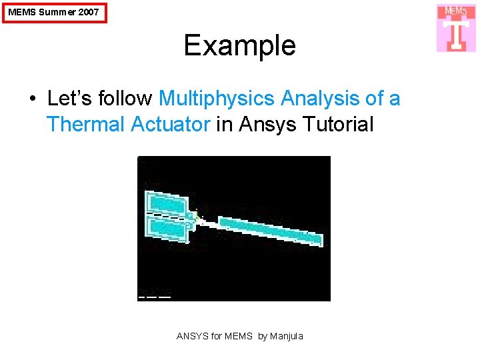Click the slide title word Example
pyautogui.click(x=239, y=45)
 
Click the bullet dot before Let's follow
pyautogui.click(x=32, y=99)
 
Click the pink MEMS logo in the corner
pyautogui.click(x=456, y=28)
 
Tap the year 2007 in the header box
pyautogui.click(x=87, y=12)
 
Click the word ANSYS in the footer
pyautogui.click(x=192, y=336)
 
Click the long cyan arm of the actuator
pyautogui.click(x=270, y=230)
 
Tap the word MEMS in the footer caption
pyautogui.click(x=239, y=336)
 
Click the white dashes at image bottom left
pyautogui.click(x=154, y=297)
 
